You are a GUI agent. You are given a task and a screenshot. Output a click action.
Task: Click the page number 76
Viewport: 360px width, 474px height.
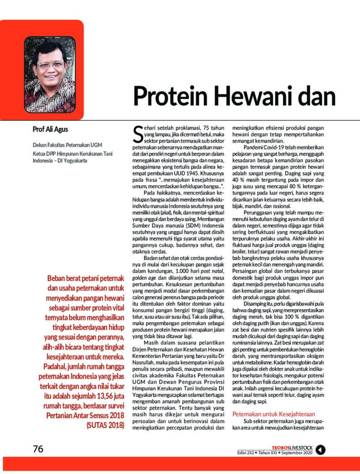click(x=38, y=449)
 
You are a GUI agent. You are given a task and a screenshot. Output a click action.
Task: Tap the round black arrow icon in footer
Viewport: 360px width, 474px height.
click(x=321, y=449)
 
